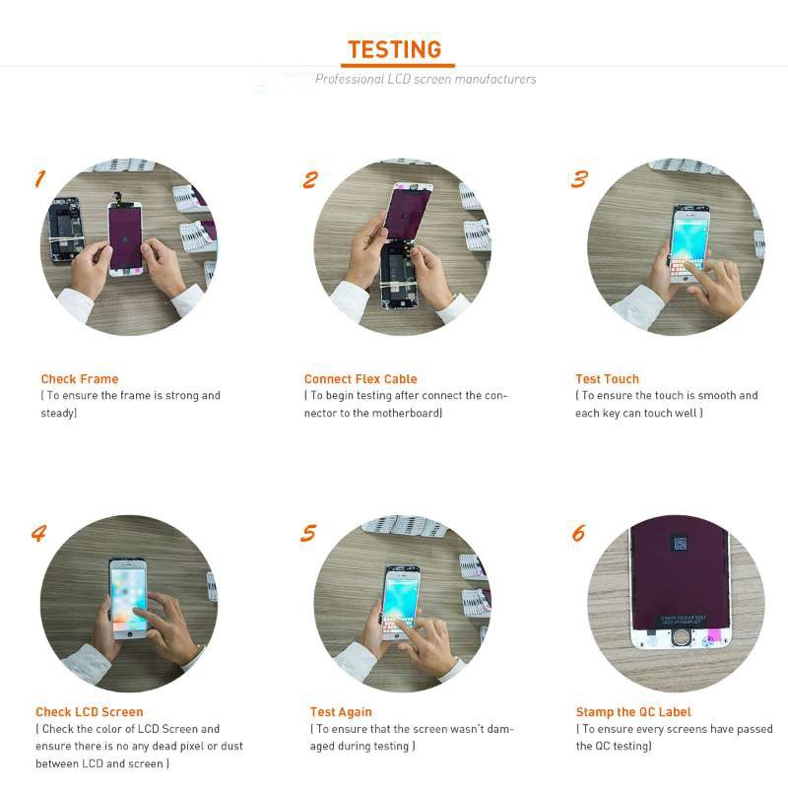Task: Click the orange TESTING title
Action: [394, 49]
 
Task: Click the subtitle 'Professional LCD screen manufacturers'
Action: [426, 79]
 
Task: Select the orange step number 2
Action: [310, 179]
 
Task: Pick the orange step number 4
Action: [39, 533]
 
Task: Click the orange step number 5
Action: [309, 533]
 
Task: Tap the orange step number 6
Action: [578, 533]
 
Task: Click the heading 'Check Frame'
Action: [79, 379]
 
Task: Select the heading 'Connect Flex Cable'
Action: [361, 379]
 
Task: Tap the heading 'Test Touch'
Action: [607, 379]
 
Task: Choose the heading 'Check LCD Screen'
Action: [89, 712]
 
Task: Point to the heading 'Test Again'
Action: [340, 712]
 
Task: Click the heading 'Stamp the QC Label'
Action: [633, 712]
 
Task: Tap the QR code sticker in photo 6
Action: [678, 544]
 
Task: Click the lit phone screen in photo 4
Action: [128, 596]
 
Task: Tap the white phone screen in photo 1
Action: [125, 236]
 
